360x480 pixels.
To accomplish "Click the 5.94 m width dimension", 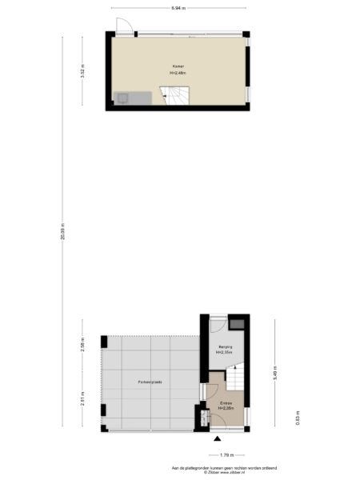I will coord(178,7).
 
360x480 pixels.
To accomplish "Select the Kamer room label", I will coord(178,66).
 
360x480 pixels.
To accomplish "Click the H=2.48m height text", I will coord(178,73).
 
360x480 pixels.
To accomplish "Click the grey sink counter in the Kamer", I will coord(131,98).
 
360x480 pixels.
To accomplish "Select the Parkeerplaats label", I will coord(150,382).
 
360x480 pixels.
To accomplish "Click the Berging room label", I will coord(225,346).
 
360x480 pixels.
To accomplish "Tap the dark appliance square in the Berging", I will coord(238,323).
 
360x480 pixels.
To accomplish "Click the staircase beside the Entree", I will coord(236,376).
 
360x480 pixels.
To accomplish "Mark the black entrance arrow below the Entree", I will coord(217,437).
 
